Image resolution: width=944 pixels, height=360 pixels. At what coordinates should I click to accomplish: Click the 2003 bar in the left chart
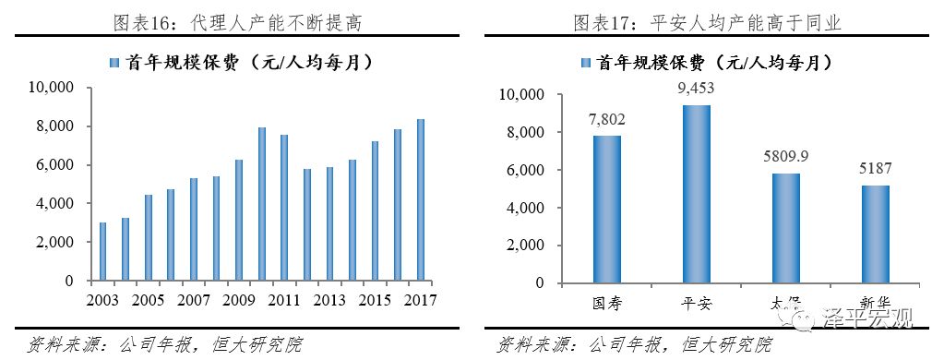pyautogui.click(x=102, y=251)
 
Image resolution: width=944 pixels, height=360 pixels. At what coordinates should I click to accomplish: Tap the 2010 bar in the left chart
pyautogui.click(x=261, y=204)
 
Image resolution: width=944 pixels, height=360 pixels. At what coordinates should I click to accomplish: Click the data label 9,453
pyautogui.click(x=697, y=88)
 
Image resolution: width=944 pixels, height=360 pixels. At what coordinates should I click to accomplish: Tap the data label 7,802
pyautogui.click(x=607, y=119)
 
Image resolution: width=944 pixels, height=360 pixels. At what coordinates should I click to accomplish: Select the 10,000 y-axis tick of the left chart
pyautogui.click(x=54, y=89)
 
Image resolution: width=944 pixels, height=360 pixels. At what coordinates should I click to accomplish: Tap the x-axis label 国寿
pyautogui.click(x=607, y=303)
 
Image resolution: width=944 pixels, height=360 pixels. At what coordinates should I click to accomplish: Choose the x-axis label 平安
pyautogui.click(x=697, y=303)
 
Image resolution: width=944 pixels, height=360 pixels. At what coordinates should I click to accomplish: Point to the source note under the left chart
pyautogui.click(x=152, y=345)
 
